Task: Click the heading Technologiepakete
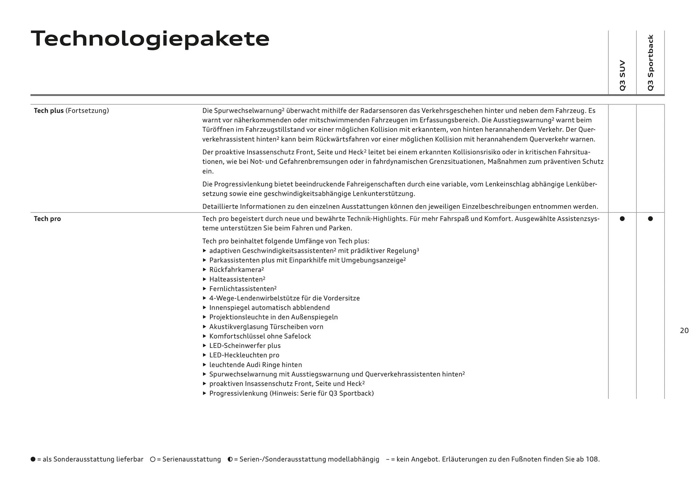150,38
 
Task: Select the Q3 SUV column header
622,75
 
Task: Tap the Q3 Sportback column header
650,63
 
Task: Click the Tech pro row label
47,219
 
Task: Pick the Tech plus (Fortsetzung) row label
71,111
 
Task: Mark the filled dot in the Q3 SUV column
622,219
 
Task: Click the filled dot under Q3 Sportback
650,219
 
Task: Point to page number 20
684,330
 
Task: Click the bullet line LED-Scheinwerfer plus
245,346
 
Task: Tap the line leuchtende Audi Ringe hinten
255,365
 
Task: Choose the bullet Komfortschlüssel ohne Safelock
260,336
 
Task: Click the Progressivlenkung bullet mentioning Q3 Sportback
291,393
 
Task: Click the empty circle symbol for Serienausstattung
153,459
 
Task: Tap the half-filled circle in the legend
230,459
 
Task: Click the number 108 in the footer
591,459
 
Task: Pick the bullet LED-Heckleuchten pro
244,355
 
